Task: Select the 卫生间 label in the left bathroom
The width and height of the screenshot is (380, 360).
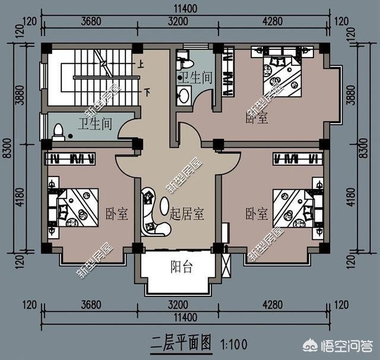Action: [95, 124]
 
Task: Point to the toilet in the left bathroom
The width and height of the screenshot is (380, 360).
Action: [58, 131]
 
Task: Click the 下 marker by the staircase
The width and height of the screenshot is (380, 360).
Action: [147, 92]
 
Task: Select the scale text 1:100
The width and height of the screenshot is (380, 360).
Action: [233, 343]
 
